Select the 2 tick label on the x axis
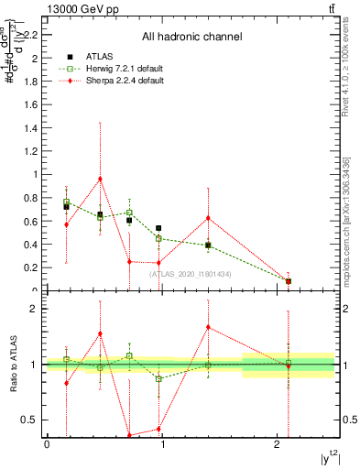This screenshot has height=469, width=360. pos(278,444)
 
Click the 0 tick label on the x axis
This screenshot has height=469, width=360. pos(47,444)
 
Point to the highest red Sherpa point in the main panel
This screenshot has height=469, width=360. pos(100,179)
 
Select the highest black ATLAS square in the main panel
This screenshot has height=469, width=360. pos(66,207)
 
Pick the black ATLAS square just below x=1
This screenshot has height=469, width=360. pos(158,228)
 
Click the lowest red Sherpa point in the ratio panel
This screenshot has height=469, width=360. pos(129,435)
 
